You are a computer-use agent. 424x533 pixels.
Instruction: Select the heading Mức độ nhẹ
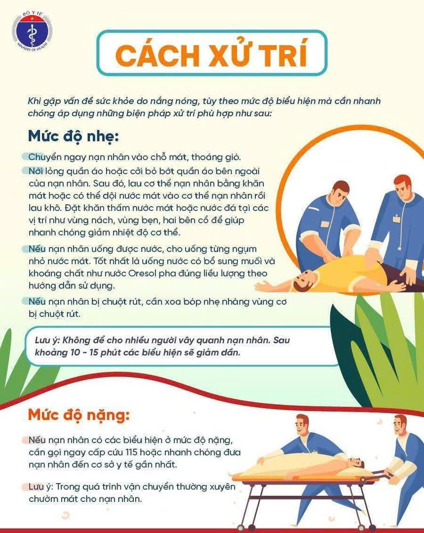[x=74, y=136]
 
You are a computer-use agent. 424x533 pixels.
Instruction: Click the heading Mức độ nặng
[x=79, y=415]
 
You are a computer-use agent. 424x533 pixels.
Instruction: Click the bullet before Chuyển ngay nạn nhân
[x=25, y=157]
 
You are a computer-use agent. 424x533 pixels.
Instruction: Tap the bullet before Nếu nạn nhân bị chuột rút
[x=25, y=301]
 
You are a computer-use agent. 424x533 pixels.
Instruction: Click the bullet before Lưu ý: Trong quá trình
[x=25, y=487]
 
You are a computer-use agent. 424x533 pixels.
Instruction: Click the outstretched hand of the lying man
[x=261, y=287]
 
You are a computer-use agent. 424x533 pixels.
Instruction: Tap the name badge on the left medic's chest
[x=324, y=225]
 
